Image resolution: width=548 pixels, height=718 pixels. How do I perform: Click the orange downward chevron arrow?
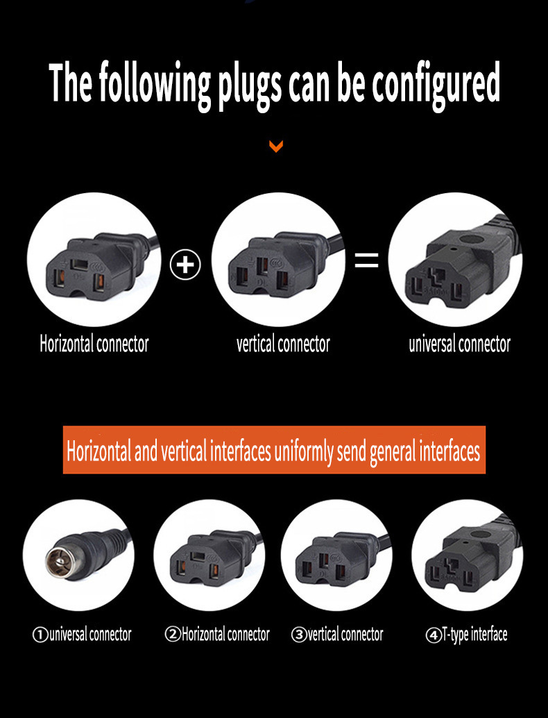[x=276, y=147]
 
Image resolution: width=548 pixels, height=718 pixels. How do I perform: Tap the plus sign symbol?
[x=185, y=265]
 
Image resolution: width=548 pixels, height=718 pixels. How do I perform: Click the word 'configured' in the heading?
[x=436, y=85]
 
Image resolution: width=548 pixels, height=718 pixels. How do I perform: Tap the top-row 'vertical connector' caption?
[x=283, y=344]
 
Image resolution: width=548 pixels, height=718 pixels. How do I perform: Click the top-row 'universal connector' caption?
[x=459, y=344]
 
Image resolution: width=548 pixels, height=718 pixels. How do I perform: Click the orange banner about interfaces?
[x=274, y=451]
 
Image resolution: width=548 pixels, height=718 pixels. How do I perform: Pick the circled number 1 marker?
[x=40, y=634]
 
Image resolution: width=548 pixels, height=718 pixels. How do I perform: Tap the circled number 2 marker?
[x=173, y=634]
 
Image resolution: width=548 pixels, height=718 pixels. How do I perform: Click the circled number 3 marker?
[x=299, y=634]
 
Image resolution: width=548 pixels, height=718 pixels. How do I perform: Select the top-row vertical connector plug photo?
[x=277, y=260]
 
